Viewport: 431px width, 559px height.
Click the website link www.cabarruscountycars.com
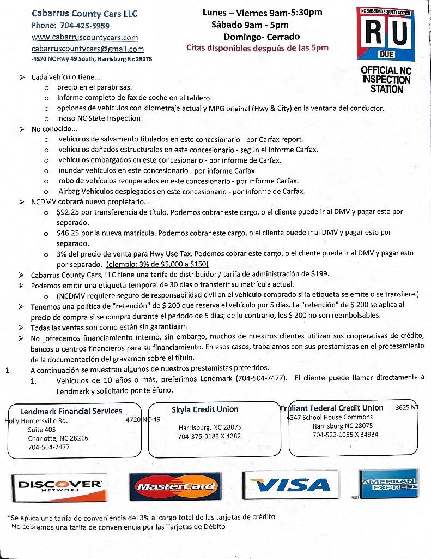pos(84,38)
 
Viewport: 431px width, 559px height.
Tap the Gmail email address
pos(87,49)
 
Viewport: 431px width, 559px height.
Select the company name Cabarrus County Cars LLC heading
pos(84,14)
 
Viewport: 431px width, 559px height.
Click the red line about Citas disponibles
pos(257,48)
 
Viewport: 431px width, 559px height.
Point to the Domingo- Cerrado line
pos(262,37)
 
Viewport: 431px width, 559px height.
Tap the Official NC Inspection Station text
pos(386,79)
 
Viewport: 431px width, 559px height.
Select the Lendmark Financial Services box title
pos(71,411)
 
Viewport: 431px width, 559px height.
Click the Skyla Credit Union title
pos(205,409)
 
